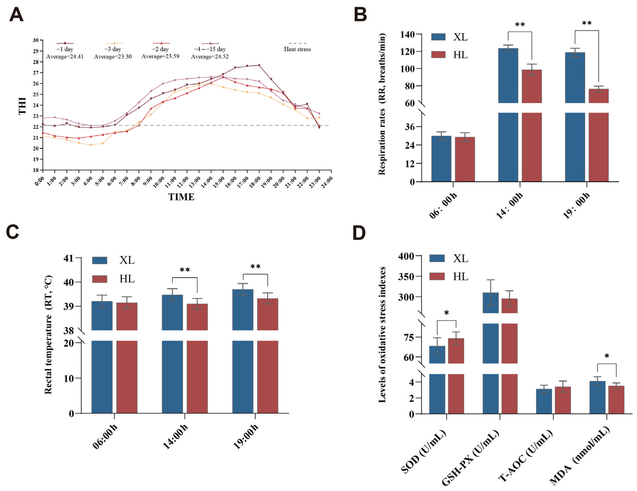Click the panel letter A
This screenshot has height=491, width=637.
tap(16, 15)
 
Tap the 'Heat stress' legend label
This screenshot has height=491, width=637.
tap(297, 49)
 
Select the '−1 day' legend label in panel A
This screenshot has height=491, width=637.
tap(65, 49)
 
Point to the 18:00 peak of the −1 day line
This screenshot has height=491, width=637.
tap(259, 65)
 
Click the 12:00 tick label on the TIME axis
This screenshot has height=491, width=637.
tap(183, 182)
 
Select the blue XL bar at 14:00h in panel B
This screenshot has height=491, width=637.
tap(508, 75)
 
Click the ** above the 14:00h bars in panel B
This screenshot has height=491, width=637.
tap(520, 25)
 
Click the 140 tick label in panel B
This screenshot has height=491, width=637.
tap(407, 34)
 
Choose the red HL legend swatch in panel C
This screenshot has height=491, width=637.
tap(100, 279)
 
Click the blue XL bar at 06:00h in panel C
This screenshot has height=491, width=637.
tap(102, 316)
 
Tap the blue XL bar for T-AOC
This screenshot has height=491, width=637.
tap(544, 401)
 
